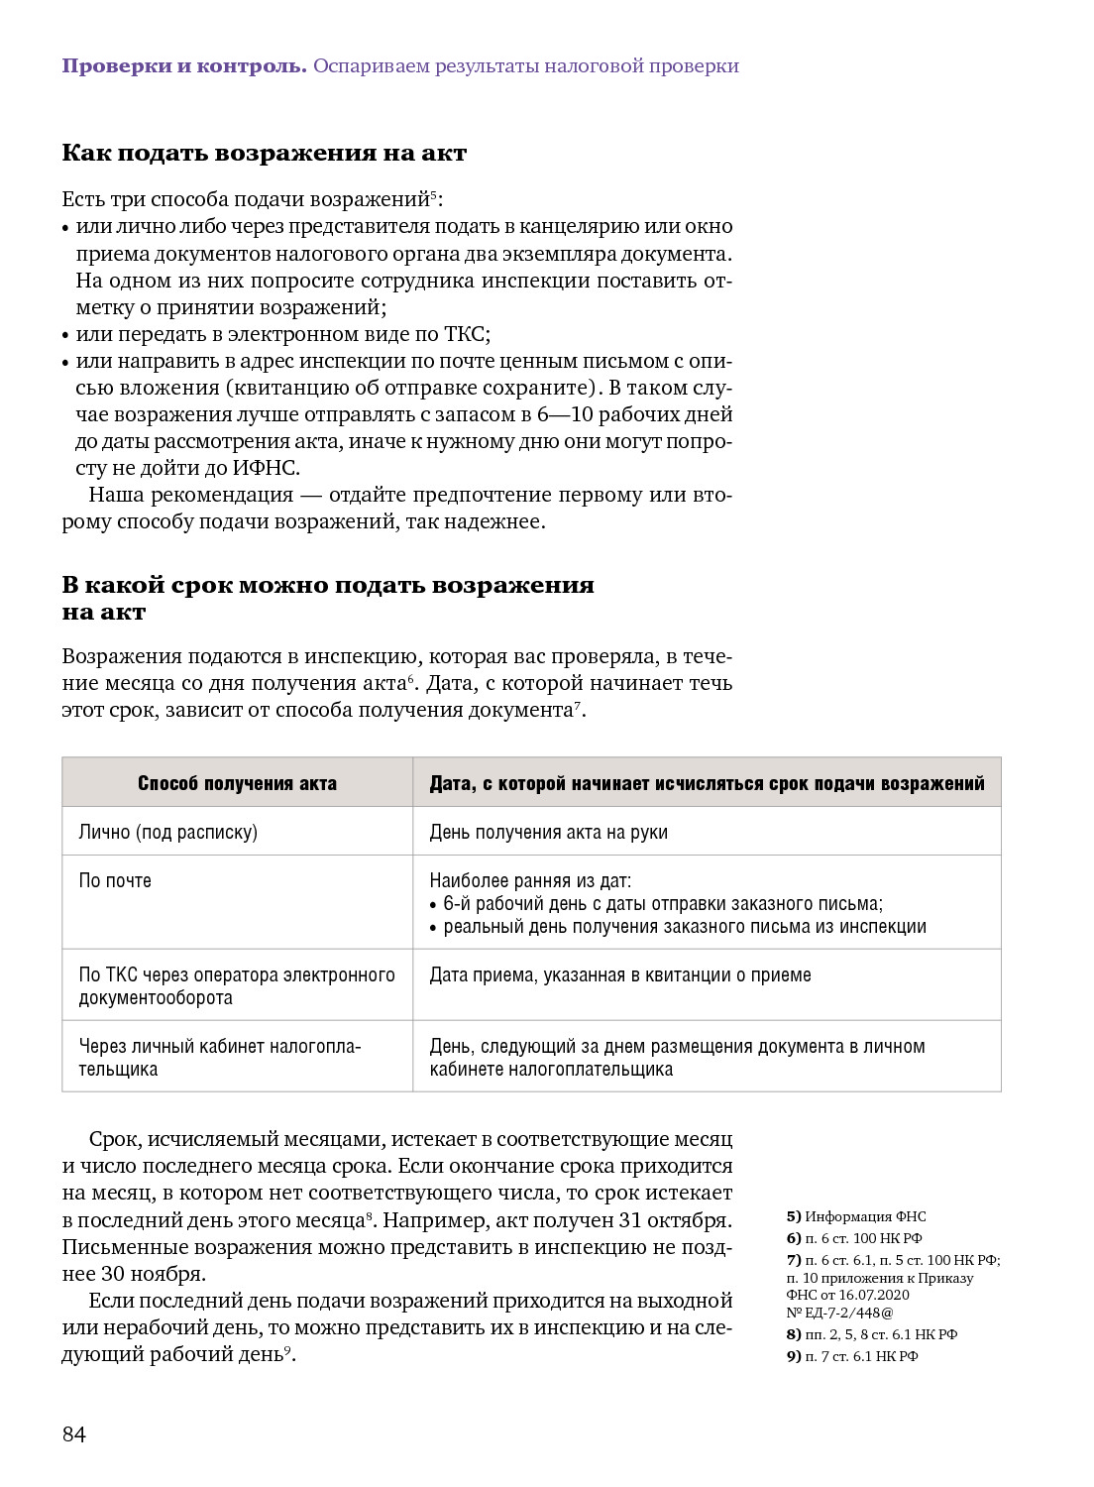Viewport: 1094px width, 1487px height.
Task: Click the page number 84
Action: click(x=74, y=1434)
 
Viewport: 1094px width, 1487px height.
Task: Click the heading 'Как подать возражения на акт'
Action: click(x=264, y=153)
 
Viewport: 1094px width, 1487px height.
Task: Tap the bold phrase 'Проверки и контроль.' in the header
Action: click(x=184, y=66)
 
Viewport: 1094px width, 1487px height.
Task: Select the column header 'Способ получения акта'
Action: click(x=237, y=783)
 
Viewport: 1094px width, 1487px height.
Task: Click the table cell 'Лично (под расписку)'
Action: click(x=168, y=832)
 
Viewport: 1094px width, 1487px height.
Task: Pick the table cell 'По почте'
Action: click(x=115, y=880)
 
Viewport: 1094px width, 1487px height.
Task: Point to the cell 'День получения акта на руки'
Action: click(x=548, y=832)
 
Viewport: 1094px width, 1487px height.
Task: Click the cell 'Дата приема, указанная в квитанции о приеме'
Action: click(x=619, y=974)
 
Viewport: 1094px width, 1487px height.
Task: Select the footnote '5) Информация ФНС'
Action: click(x=856, y=1216)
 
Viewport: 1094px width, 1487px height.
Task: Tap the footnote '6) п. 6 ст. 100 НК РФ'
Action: click(x=854, y=1238)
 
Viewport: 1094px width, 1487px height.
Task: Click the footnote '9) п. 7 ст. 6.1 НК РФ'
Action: click(x=852, y=1356)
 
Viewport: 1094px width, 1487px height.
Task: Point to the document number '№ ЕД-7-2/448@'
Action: click(x=839, y=1313)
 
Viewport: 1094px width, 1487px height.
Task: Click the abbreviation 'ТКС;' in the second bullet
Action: click(x=467, y=334)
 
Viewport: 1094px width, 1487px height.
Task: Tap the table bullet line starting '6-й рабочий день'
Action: click(x=662, y=903)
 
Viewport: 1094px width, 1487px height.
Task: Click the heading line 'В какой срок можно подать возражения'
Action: click(x=328, y=585)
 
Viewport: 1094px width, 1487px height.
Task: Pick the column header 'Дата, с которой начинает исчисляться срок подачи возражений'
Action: click(x=707, y=783)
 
